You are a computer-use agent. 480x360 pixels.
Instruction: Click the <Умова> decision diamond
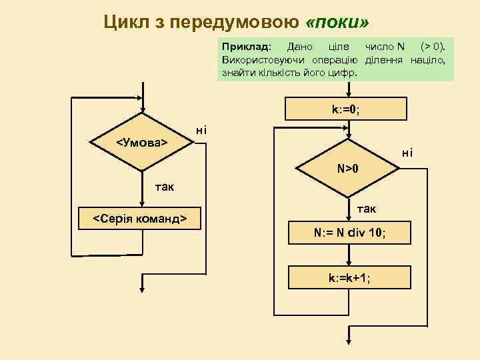[142, 143]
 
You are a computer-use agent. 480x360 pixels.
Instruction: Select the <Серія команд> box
[139, 218]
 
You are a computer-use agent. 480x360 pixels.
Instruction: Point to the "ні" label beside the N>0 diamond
[407, 154]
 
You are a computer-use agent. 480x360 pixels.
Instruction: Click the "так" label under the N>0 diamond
[366, 209]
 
